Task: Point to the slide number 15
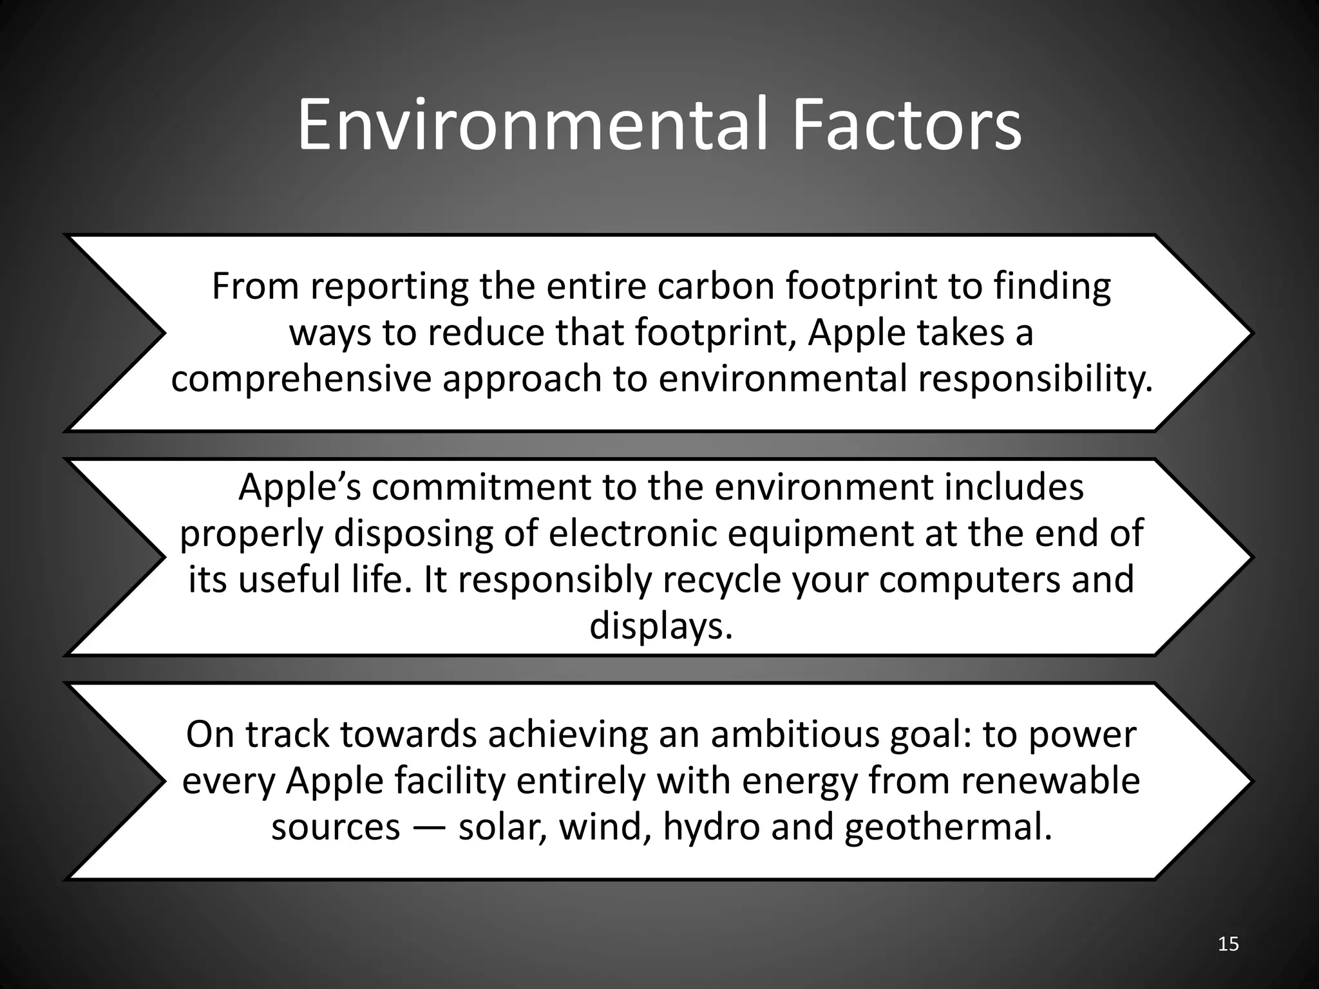tap(1229, 944)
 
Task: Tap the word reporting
tap(390, 287)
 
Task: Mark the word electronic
tap(633, 533)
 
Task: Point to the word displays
tap(661, 626)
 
